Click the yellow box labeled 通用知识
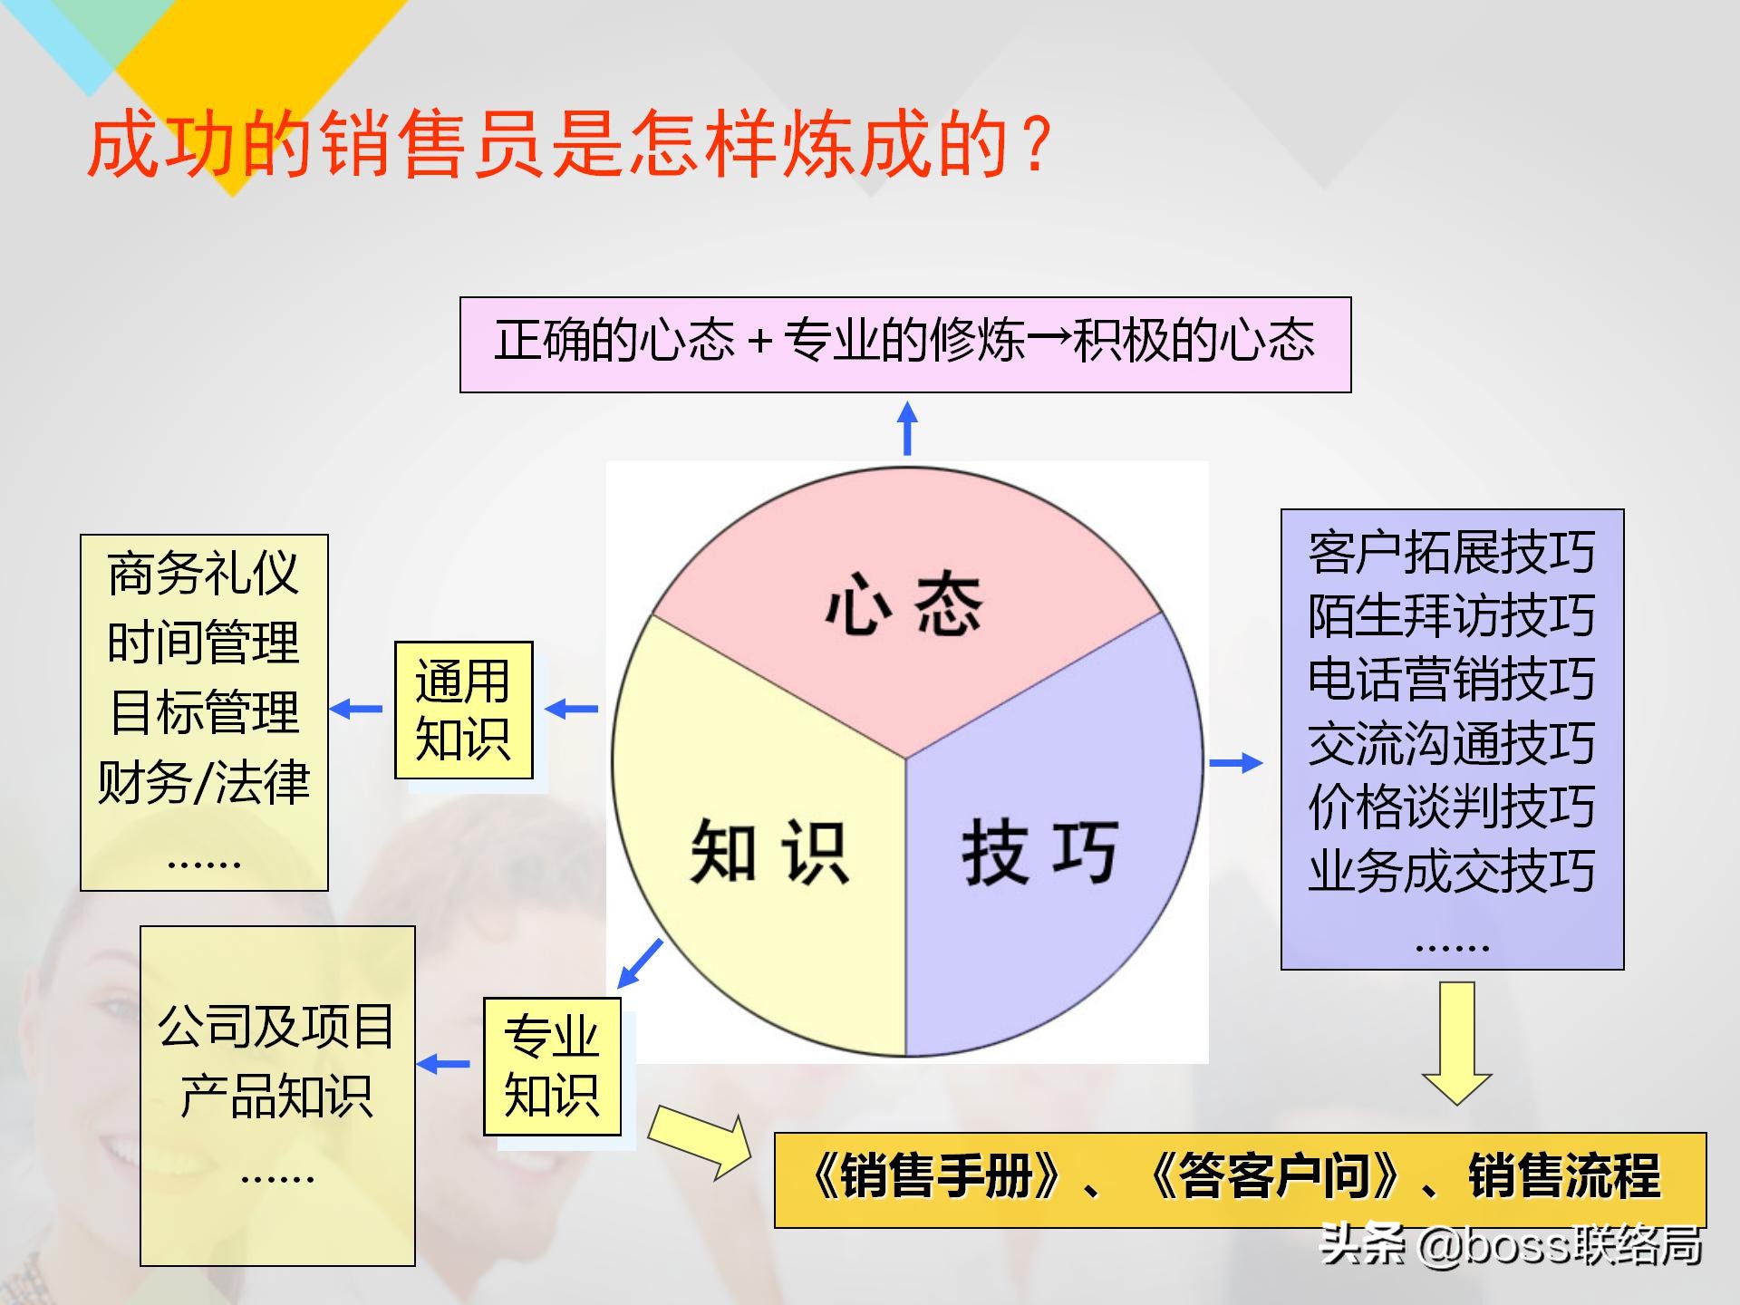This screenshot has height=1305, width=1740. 463,710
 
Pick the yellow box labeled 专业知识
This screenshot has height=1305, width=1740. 552,1066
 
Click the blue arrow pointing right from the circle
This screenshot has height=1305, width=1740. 1235,763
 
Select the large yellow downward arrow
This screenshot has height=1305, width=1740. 1456,1042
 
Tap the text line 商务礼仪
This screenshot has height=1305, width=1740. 203,573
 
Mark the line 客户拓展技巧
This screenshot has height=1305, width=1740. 1451,552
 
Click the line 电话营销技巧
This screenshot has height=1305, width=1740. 1451,679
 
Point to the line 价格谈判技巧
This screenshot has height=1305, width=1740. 1451,807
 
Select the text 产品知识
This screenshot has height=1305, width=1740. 276,1096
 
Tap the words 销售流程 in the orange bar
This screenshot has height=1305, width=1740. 1564,1177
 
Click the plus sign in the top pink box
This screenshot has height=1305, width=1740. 759,343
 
